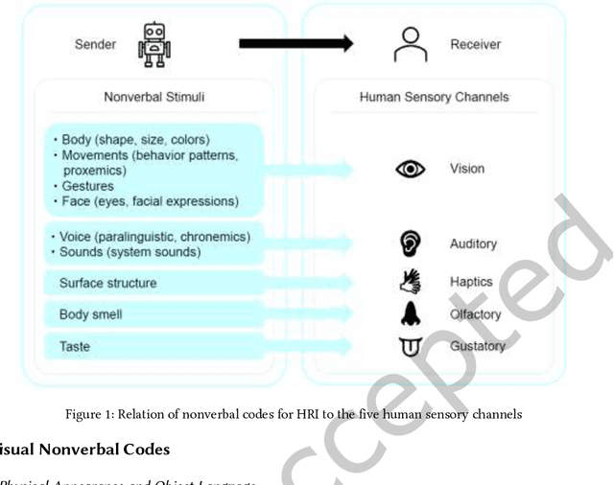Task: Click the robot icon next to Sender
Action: [153, 44]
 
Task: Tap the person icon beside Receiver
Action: [411, 44]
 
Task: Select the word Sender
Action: [95, 44]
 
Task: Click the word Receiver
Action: [475, 44]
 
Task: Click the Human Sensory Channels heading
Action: [434, 97]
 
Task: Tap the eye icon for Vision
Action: [411, 169]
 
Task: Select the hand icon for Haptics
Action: [411, 281]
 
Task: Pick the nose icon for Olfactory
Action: [411, 312]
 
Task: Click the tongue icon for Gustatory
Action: [411, 346]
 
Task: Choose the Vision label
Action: [467, 169]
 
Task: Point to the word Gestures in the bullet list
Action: [87, 186]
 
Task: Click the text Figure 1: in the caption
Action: [91, 414]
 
